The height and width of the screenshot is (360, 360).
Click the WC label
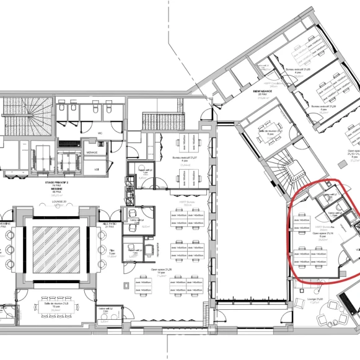(100, 133)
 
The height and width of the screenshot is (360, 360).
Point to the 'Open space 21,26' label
(160, 271)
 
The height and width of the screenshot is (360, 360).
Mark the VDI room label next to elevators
(96, 169)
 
